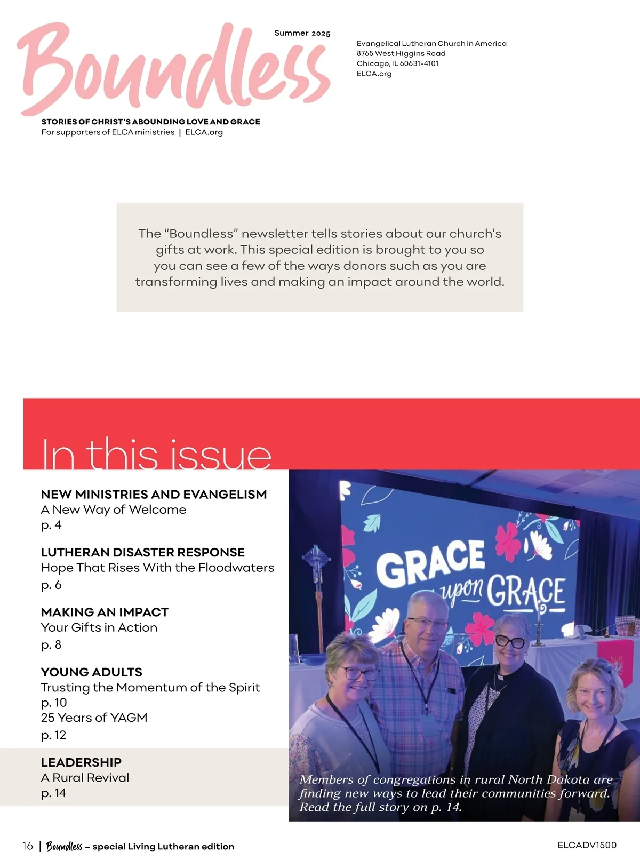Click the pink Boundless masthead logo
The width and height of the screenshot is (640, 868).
[x=173, y=69]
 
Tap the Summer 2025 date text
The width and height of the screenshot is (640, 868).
[x=302, y=33]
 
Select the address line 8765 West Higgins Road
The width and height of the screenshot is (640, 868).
[x=401, y=53]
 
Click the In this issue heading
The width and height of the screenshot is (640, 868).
[x=156, y=455]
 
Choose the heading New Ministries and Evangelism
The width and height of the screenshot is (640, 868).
[x=154, y=495]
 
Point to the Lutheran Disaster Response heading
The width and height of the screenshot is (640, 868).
[x=142, y=552]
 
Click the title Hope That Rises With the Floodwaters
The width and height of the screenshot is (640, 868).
[x=157, y=568]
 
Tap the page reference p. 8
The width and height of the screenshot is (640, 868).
[x=51, y=645]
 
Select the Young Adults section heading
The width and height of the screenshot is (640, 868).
[x=92, y=672]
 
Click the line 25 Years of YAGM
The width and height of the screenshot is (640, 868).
[x=94, y=718]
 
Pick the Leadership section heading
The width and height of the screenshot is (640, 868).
[x=81, y=762]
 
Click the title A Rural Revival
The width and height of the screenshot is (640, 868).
[x=85, y=778]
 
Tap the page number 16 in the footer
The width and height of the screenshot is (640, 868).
[x=28, y=846]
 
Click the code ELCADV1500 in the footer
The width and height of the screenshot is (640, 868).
[x=587, y=845]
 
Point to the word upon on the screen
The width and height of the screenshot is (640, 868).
[x=462, y=589]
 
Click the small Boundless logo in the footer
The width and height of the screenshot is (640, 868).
[x=64, y=847]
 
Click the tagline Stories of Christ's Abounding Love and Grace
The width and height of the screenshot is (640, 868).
[x=150, y=122]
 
